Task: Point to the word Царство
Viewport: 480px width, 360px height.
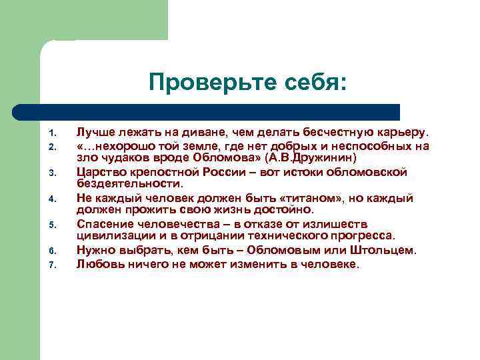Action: [x=101, y=172]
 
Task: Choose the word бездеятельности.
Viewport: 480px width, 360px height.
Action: [x=129, y=184]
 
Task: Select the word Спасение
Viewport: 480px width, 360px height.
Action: [x=104, y=224]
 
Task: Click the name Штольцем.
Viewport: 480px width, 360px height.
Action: [x=385, y=250]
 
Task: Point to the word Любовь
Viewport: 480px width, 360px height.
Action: [x=99, y=263]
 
